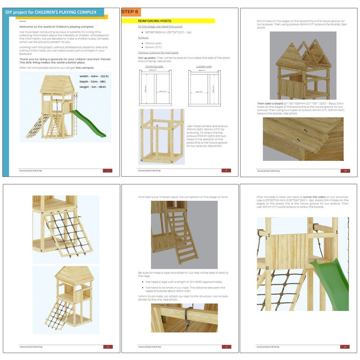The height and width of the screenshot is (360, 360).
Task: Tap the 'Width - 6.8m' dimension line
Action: tap(94, 76)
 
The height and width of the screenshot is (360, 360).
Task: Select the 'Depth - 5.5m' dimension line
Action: tap(93, 82)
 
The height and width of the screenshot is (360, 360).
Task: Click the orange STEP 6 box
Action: tap(131, 12)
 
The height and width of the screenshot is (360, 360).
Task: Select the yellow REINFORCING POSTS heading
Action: tap(154, 21)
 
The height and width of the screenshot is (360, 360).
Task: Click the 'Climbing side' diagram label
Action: tap(154, 66)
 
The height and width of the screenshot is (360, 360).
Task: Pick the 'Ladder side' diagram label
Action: tap(204, 66)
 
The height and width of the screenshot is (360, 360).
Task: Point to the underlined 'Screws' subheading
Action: tap(143, 38)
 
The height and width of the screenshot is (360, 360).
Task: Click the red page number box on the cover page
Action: tap(107, 170)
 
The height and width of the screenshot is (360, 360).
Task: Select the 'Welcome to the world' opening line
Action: tap(56, 27)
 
